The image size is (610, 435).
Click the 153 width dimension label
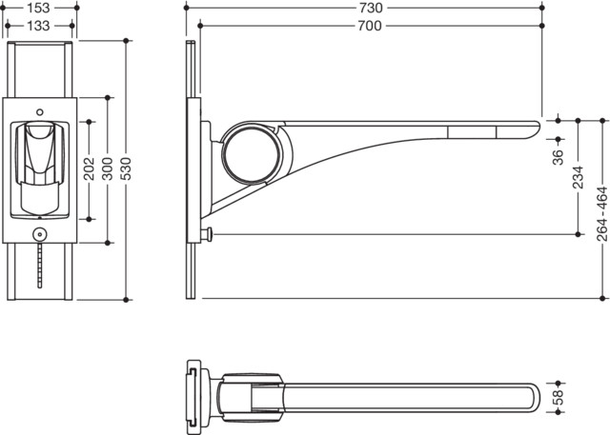click(x=39, y=8)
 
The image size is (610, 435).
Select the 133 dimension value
click(x=39, y=26)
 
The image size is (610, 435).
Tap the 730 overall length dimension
click(x=371, y=8)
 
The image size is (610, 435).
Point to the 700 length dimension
click(x=370, y=26)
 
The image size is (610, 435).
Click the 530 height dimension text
click(x=126, y=168)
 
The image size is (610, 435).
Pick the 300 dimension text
click(x=108, y=168)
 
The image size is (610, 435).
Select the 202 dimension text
click(x=90, y=168)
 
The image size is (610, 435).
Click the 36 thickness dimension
click(x=559, y=157)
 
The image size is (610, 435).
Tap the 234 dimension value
click(x=579, y=177)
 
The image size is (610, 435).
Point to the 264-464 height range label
click(x=602, y=214)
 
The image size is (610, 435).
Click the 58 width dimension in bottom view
click(x=559, y=397)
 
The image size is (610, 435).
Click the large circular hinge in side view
click(x=251, y=154)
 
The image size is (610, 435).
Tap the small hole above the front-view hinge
click(x=40, y=112)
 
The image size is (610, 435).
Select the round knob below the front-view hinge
click(x=40, y=234)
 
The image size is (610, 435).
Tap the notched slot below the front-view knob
click(x=40, y=265)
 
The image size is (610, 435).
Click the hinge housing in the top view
click(x=251, y=397)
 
